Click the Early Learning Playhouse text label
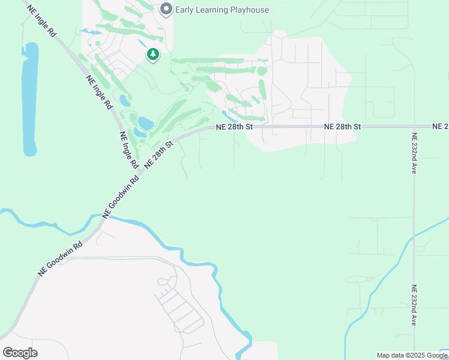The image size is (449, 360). pos(222,10)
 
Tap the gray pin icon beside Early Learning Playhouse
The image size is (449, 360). pos(166,9)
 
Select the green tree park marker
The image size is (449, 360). pos(153,55)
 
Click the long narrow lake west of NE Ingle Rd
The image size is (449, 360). pos(29,99)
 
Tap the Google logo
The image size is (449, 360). pos(20,352)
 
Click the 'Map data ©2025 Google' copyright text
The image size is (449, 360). pos(412,355)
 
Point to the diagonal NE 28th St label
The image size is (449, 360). pos(158,155)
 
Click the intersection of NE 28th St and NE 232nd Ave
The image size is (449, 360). pos(414,127)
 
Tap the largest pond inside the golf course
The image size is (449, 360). pos(145,124)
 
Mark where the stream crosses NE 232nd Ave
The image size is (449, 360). pos(413,240)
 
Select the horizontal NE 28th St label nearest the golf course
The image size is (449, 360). pos(235,127)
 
